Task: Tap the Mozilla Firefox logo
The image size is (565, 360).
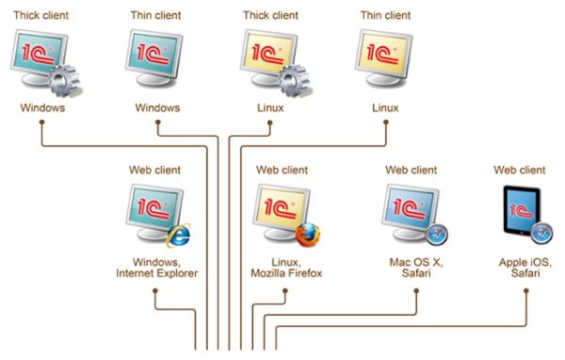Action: pos(308,235)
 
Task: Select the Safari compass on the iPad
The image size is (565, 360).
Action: pos(541,232)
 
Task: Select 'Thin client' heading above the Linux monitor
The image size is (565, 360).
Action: pos(385,15)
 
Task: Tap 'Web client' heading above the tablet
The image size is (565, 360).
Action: pos(520,171)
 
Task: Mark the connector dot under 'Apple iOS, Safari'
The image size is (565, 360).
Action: pos(525,291)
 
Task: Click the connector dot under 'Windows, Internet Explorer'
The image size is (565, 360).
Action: pos(153,291)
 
